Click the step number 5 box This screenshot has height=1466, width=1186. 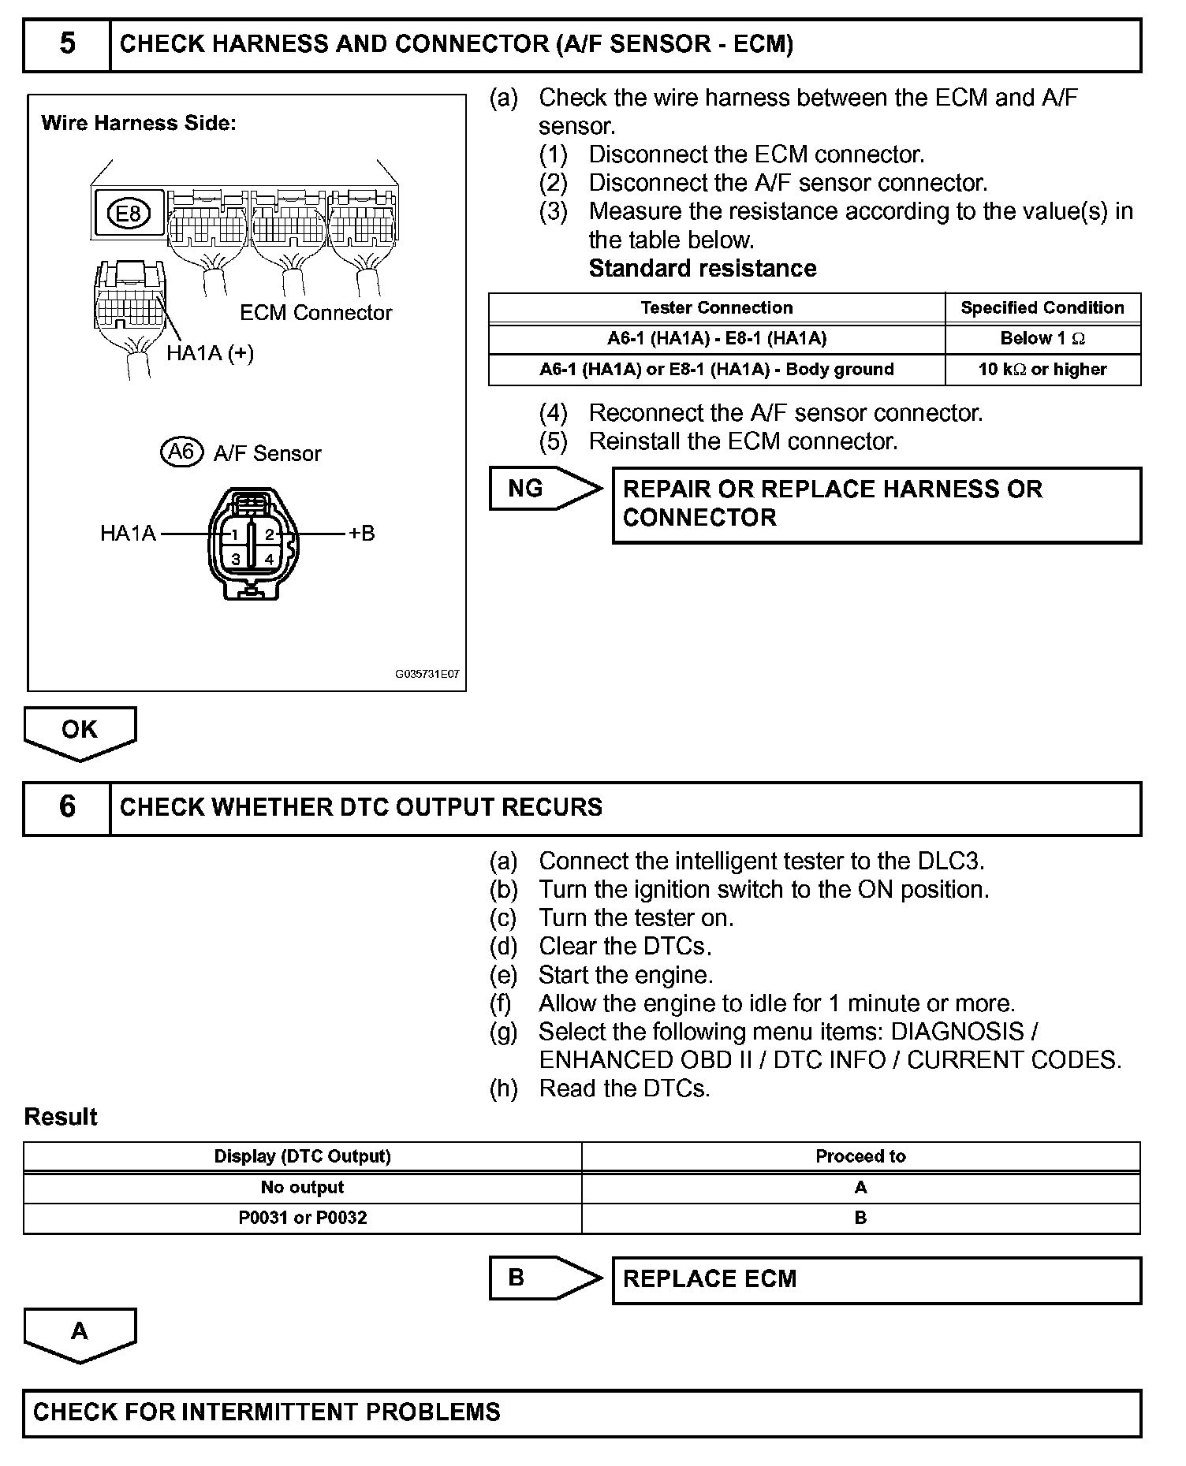click(x=67, y=44)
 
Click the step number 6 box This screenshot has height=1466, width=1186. click(x=67, y=807)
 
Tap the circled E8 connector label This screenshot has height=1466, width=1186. click(x=129, y=214)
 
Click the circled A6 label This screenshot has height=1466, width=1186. click(x=181, y=452)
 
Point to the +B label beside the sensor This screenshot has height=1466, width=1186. click(x=362, y=534)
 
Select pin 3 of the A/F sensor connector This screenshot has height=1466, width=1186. click(x=235, y=560)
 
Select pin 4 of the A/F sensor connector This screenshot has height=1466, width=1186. click(x=269, y=560)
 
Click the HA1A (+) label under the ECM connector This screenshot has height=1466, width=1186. click(x=210, y=353)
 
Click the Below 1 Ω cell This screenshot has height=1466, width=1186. click(x=1042, y=339)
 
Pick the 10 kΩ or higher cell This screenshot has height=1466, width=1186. click(x=1042, y=370)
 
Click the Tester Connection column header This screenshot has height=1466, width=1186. click(x=716, y=308)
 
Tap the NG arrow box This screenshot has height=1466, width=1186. click(x=544, y=489)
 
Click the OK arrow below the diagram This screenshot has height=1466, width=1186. click(x=80, y=731)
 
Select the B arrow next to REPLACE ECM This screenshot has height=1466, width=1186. click(x=544, y=1278)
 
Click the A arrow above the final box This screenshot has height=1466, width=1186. click(x=80, y=1333)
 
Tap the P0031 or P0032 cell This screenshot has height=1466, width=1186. click(x=303, y=1218)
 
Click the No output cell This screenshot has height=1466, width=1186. click(x=303, y=1187)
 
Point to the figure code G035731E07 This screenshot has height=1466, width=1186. click(x=427, y=675)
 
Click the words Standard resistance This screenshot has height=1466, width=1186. click(x=702, y=269)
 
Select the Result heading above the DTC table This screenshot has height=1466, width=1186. click(x=61, y=1117)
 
